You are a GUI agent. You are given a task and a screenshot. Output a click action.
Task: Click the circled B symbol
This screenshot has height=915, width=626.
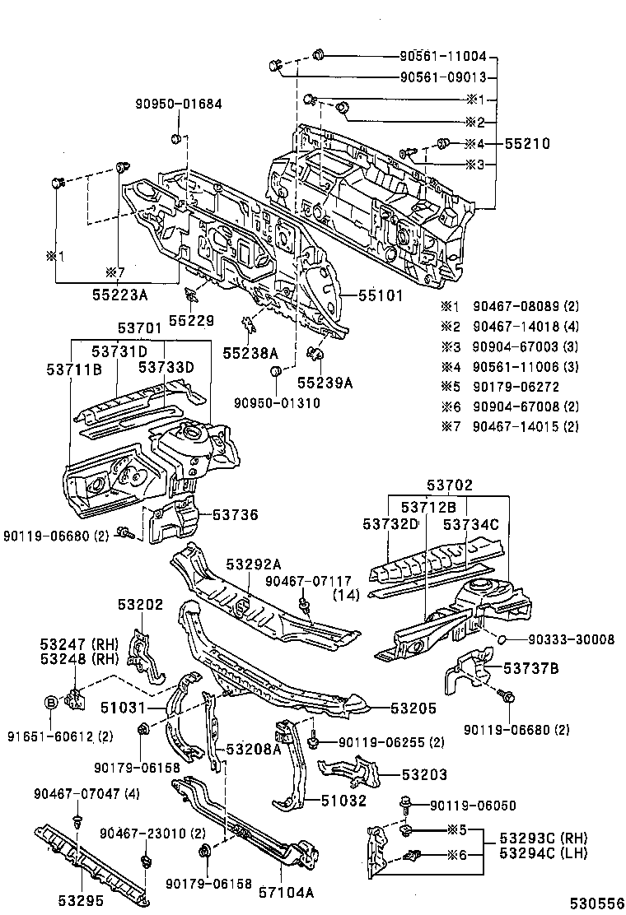49,702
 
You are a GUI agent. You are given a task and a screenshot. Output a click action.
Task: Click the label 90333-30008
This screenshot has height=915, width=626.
559,639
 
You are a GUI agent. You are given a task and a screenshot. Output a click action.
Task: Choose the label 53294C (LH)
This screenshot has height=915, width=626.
542,853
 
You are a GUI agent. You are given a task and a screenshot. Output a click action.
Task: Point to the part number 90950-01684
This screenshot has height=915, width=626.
179,104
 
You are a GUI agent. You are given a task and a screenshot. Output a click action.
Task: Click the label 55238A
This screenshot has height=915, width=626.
250,352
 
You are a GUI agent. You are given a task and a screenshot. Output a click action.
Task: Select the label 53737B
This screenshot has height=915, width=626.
531,667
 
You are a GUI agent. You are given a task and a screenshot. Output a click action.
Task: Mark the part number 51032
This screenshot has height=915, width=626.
343,801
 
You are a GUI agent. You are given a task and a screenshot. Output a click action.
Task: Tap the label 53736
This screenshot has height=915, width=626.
235,515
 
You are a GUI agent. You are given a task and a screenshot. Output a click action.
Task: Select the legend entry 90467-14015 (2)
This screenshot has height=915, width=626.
526,425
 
